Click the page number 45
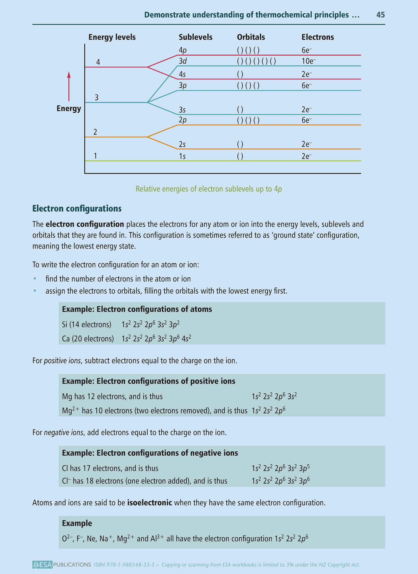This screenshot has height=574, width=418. [380, 15]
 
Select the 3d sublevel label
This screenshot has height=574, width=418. [183, 61]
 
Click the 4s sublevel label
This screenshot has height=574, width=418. [182, 74]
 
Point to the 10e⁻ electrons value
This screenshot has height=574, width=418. [308, 61]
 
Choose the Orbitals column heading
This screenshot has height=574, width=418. [251, 37]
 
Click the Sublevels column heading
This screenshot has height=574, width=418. [195, 37]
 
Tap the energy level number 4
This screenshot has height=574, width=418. [98, 62]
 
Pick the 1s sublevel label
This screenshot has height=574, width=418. [182, 156]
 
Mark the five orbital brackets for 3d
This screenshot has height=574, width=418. [256, 61]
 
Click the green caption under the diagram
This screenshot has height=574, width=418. [209, 189]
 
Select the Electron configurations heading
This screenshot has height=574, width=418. [77, 208]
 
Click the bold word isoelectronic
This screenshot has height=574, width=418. [150, 503]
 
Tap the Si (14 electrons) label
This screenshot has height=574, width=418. [87, 325]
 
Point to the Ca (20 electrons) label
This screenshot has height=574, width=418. [88, 339]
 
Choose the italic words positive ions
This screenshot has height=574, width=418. [62, 360]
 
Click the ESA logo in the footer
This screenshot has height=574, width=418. [42, 565]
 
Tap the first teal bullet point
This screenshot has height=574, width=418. [35, 279]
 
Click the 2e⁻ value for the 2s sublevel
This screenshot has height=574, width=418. [307, 144]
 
